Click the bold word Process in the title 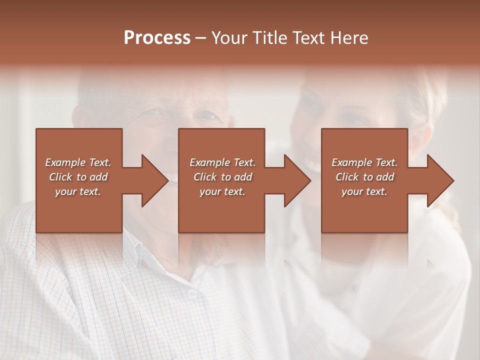click(157, 38)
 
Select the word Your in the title click(228, 38)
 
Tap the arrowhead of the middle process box click(296, 180)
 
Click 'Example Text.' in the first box click(78, 162)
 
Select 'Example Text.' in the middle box click(222, 162)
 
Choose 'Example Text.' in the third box click(364, 162)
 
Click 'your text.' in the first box click(78, 191)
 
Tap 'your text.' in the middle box click(222, 191)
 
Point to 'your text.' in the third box click(364, 191)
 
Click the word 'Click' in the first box click(60, 177)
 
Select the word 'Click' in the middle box click(205, 177)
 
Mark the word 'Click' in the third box click(347, 177)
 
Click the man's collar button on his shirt click(192, 294)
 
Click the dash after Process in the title click(201, 38)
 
